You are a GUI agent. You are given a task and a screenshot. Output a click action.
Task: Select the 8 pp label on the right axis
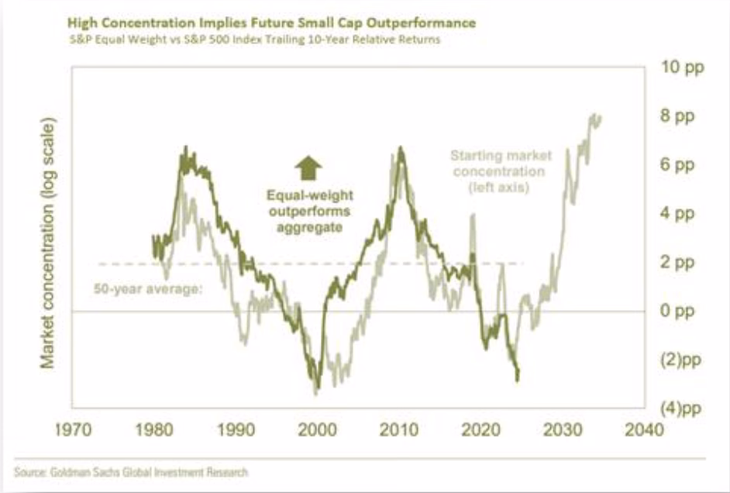coord(676,116)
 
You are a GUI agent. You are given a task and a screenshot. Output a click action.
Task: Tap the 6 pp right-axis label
coord(676,165)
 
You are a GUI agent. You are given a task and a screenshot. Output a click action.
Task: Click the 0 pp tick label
coord(676,311)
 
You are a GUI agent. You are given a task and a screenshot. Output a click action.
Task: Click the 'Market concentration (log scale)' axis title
coord(47,243)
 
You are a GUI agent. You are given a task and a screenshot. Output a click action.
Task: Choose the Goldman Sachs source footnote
coord(131,471)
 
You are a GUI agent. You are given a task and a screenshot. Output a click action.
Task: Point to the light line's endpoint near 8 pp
coord(601,117)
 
